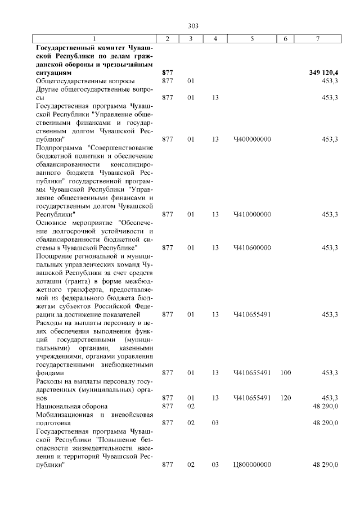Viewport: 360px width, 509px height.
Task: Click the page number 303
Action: point(193,26)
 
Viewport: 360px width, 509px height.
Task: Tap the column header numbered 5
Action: point(251,38)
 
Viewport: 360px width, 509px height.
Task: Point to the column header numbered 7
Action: point(318,38)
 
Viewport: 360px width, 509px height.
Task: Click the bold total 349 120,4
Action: point(323,73)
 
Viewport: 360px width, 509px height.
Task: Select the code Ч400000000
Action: point(252,138)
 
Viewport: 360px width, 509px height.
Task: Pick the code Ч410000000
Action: point(252,214)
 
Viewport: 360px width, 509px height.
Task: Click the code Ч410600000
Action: point(252,247)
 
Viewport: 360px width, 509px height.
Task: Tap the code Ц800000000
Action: point(252,465)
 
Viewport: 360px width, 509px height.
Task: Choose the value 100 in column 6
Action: point(285,373)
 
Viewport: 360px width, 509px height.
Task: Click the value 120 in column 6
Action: point(285,398)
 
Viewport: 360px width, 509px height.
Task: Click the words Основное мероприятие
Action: point(71,223)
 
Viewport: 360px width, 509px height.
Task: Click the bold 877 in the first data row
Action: point(167,73)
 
